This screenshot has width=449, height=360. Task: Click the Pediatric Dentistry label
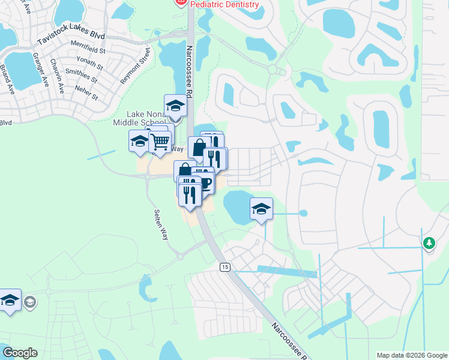tap(224, 4)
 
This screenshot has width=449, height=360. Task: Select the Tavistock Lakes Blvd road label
tap(71, 37)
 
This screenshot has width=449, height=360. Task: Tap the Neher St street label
tap(86, 92)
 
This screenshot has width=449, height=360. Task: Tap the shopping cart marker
tap(160, 142)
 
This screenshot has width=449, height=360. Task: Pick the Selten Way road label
tap(160, 225)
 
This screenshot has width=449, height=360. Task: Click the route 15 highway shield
tap(224, 266)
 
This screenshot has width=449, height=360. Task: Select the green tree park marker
tap(429, 243)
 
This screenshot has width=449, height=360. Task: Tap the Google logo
tap(20, 353)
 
